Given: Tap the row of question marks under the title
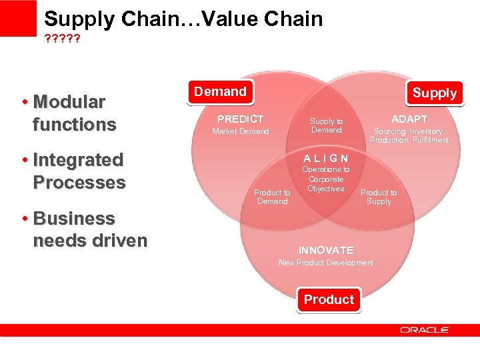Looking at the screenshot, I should coord(62,39).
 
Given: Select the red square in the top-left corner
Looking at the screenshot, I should coord(18,18).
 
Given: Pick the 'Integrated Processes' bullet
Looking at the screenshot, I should coord(78,171).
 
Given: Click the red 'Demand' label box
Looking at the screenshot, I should coord(220,92).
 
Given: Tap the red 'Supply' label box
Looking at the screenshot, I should coord(434,93).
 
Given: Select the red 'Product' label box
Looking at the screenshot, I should coord(329,299).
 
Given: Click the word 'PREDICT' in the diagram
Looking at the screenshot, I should coord(241,119).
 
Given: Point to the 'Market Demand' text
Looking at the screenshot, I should coord(241,131).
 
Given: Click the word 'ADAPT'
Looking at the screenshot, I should coord(409,119).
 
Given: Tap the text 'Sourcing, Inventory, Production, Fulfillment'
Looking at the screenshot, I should coord(409,136).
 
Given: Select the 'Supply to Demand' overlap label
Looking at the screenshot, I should coord(326,126).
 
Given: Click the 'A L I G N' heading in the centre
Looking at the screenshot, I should coord(326,158).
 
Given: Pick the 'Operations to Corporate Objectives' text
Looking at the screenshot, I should coord(326,179).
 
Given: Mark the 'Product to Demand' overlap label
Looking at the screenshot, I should coord(272,197).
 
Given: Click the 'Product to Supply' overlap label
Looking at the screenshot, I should coord(379,197).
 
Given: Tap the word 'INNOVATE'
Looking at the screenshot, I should coord(326,250).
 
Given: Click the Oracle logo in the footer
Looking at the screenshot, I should coord(425,330).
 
